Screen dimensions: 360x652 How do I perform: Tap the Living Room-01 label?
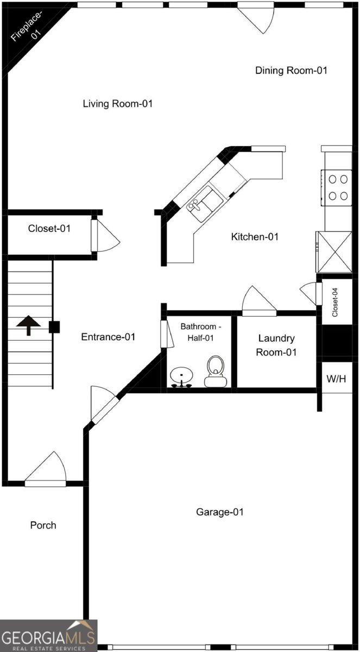coord(118,104)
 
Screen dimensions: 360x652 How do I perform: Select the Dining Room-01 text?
coord(291,71)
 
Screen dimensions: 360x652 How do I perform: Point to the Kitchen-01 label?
coord(255,237)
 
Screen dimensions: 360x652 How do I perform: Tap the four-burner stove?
coord(337,188)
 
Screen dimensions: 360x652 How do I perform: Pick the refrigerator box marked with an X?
coord(334,252)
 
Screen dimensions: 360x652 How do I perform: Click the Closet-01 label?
coord(49,229)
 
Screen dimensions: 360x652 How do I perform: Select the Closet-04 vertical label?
coord(335,303)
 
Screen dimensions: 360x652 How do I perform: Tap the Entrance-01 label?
coord(108,337)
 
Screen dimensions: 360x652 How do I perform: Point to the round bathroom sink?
coord(181,377)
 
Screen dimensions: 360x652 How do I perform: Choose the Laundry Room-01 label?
coord(276,345)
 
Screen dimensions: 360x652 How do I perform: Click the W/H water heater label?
coord(337,379)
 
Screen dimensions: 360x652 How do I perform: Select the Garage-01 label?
coord(220,520)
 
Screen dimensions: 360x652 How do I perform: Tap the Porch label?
coord(43,525)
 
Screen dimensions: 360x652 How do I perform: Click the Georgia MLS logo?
coord(48,636)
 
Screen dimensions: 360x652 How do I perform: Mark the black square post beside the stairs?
coord(54,327)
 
